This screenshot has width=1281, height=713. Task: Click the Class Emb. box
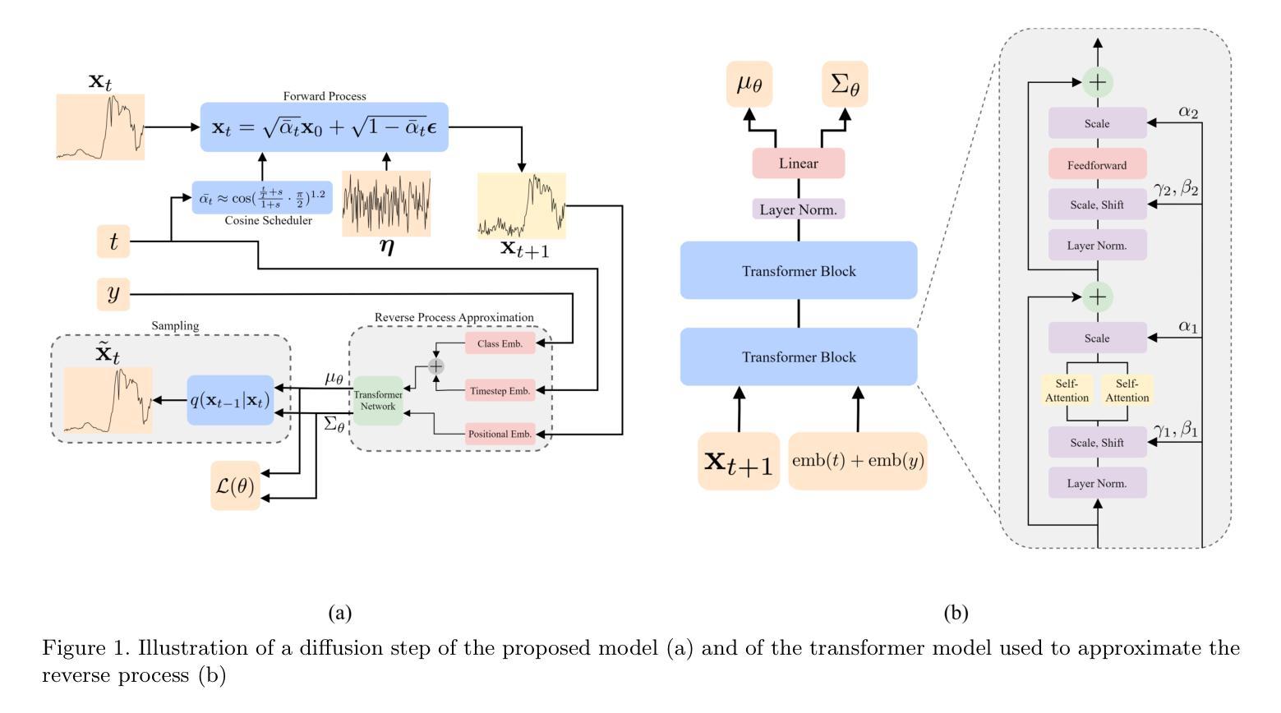[x=500, y=343]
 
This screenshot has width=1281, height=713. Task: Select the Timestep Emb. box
[x=500, y=391]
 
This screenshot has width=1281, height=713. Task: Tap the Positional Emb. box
[x=500, y=434]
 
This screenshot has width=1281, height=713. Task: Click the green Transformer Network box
[x=378, y=401]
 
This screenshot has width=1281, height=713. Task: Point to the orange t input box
[x=113, y=241]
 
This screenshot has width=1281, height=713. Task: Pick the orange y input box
[x=113, y=294]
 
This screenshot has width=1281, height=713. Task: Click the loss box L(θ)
[x=235, y=485]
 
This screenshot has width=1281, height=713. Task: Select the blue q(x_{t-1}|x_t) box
[x=230, y=400]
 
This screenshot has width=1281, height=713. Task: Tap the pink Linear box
[x=798, y=163]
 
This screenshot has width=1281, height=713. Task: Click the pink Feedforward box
[x=1097, y=165]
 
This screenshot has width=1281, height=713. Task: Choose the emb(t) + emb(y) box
[x=858, y=461]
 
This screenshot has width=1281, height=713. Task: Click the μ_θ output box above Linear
[x=749, y=84]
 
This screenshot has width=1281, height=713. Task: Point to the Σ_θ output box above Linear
[x=845, y=84]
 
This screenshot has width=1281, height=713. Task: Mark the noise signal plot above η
[x=386, y=204]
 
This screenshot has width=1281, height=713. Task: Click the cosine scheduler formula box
[x=262, y=198]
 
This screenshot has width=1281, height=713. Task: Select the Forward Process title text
[x=325, y=96]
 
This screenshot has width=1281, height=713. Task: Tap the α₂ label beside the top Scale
[x=1188, y=112]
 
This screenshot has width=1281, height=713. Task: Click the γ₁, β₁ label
[x=1175, y=430]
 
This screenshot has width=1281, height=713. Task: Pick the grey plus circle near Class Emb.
[x=435, y=366]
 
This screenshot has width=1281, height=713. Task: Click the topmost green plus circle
[x=1098, y=81]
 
